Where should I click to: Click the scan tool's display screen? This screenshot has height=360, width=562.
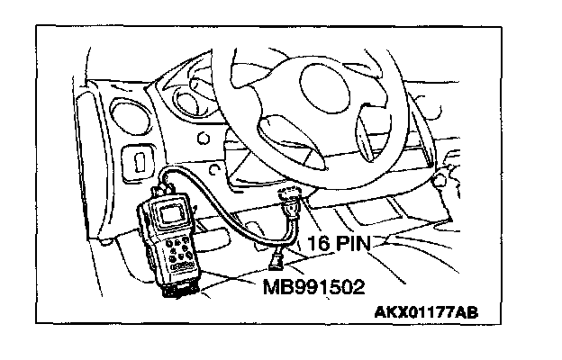[171, 214]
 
